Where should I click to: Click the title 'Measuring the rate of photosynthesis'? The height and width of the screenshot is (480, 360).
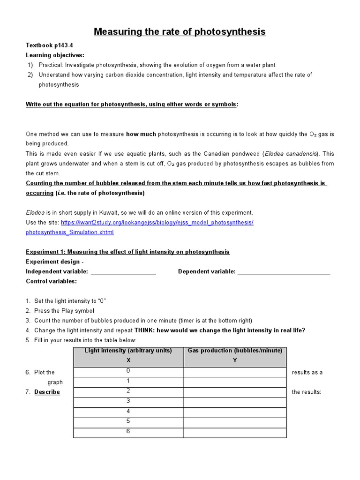pos(180,32)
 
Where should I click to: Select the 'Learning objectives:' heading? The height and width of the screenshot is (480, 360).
pos(55,55)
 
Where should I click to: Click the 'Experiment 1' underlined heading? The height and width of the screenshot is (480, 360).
pos(127,252)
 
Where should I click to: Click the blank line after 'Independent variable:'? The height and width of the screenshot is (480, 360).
pos(123,272)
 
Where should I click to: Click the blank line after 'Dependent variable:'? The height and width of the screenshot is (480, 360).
pos(284,272)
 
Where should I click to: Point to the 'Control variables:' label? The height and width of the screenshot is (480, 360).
pos(51,281)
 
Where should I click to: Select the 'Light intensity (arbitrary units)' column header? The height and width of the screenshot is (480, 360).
pos(128,351)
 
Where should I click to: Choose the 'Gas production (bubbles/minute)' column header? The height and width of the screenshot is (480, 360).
pos(235,351)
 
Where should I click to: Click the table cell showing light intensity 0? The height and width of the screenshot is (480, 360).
pos(128,372)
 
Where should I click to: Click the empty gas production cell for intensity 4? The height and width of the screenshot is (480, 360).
pos(235,412)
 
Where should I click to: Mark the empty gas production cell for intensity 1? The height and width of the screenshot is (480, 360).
pos(235,382)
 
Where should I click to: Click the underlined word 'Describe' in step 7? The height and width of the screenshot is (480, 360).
pos(47,392)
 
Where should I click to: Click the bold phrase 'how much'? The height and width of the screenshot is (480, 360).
pos(141,134)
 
